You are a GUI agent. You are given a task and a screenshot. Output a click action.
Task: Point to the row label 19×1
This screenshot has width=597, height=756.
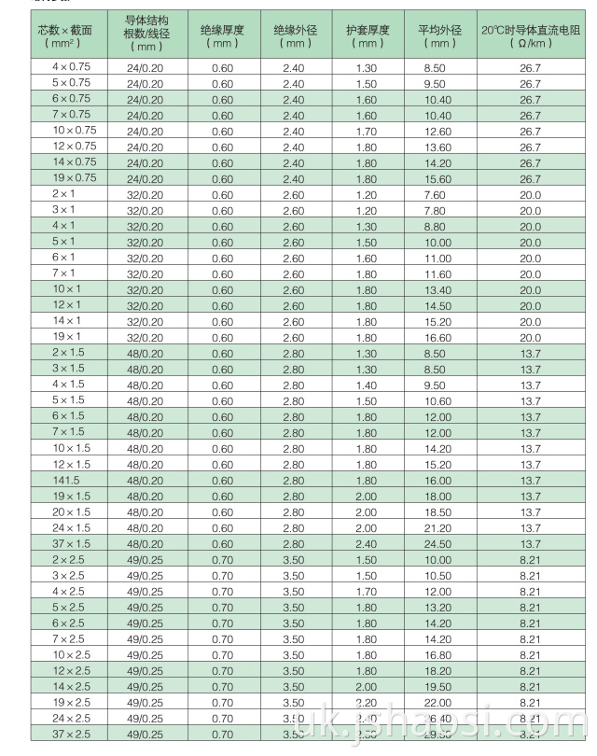pos(67,336)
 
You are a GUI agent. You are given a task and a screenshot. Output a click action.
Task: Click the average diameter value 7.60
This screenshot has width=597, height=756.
pos(435,194)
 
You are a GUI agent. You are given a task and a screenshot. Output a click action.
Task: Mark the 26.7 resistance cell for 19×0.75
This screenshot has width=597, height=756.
pos(530,178)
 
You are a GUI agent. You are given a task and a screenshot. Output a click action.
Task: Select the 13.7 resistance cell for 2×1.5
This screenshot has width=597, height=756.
pos(530,354)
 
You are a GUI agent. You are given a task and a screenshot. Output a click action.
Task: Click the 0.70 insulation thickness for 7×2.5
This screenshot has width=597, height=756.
pos(222,639)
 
